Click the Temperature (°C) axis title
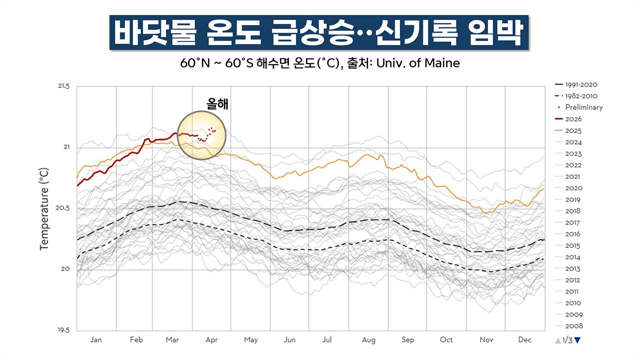pos(44,209)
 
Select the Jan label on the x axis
pos(95,340)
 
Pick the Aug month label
pos(368,340)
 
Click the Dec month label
pos(524,340)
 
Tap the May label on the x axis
pos(250,340)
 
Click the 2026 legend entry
pos(573,119)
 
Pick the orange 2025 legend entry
pos(573,130)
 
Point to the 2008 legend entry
pos(573,326)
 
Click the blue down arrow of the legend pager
pos(577,340)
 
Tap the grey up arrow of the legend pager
pos(558,340)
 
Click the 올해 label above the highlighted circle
pos(217,104)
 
